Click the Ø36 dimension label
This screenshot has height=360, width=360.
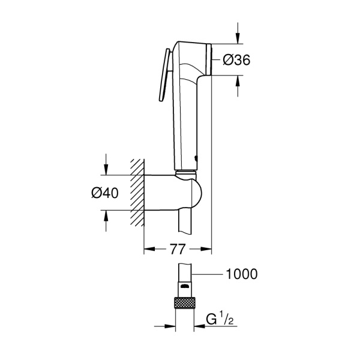point(236,59)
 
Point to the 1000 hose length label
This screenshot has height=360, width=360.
point(241,274)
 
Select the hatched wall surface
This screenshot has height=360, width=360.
point(137,192)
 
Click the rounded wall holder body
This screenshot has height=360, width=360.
point(174,193)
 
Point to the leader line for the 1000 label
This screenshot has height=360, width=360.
point(207,274)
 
